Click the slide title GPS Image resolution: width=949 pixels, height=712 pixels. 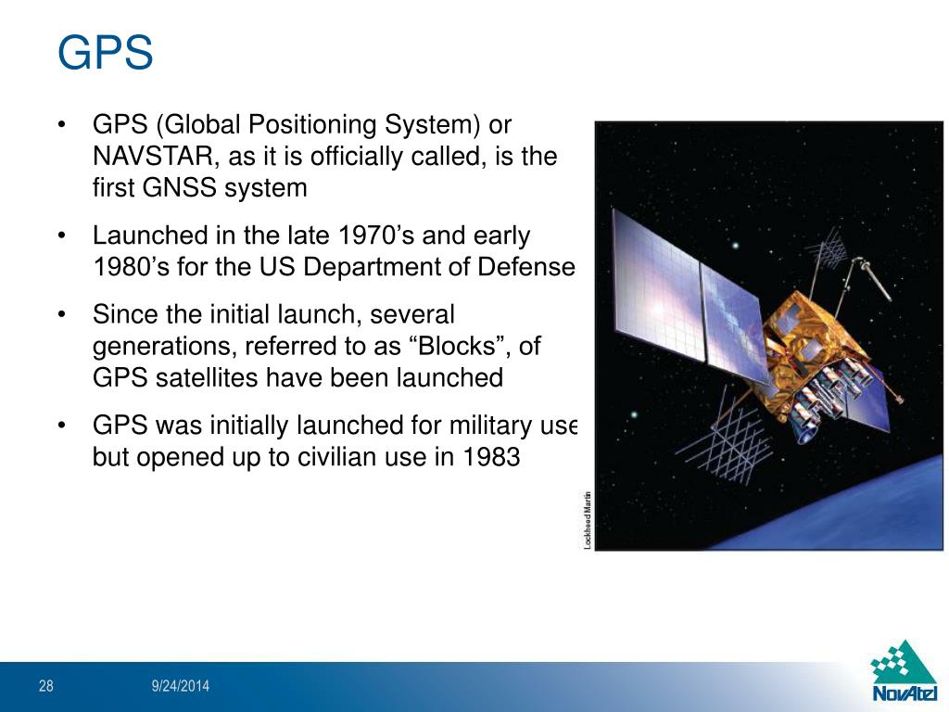tap(105, 53)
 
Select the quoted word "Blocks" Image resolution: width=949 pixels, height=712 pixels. tap(451, 346)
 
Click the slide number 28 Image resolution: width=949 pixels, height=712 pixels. tap(46, 686)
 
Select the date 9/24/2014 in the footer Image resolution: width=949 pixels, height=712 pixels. tap(181, 686)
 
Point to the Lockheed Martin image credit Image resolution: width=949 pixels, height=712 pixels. tap(588, 519)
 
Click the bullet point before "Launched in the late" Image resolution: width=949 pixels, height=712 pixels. tap(61, 235)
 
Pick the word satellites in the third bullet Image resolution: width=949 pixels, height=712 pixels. tap(198, 377)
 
